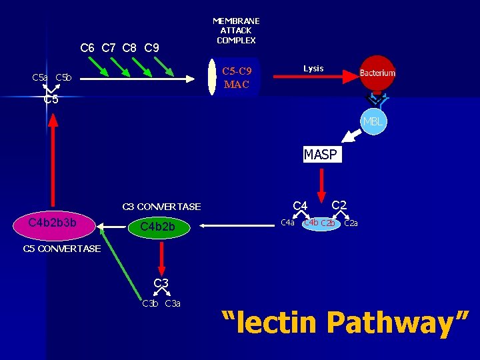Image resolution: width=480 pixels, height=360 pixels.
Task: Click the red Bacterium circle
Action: (x=378, y=73)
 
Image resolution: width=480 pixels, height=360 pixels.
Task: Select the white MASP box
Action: (x=320, y=155)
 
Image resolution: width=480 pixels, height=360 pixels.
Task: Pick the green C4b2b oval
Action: (x=158, y=227)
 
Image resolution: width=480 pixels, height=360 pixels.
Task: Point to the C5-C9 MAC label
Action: (x=237, y=77)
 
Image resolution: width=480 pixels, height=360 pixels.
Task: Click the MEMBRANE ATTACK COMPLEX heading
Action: (x=236, y=31)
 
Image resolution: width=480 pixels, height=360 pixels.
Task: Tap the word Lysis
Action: (x=313, y=68)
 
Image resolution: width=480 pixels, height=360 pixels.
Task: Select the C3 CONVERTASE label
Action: (x=161, y=207)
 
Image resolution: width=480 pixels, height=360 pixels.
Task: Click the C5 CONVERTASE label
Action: (x=61, y=249)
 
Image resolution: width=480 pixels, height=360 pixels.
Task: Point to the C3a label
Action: (x=173, y=304)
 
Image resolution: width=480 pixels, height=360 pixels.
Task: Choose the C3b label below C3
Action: (x=150, y=304)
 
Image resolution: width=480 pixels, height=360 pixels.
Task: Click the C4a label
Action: (x=287, y=223)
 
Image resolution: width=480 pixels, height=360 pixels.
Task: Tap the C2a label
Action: (x=351, y=223)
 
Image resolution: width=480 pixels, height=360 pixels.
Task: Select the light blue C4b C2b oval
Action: (x=319, y=223)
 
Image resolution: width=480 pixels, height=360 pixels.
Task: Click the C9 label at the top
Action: (x=151, y=48)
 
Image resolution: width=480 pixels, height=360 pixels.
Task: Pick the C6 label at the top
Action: (x=87, y=48)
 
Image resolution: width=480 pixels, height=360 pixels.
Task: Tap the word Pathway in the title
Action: (x=400, y=323)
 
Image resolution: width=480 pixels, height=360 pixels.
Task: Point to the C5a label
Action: (x=40, y=78)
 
